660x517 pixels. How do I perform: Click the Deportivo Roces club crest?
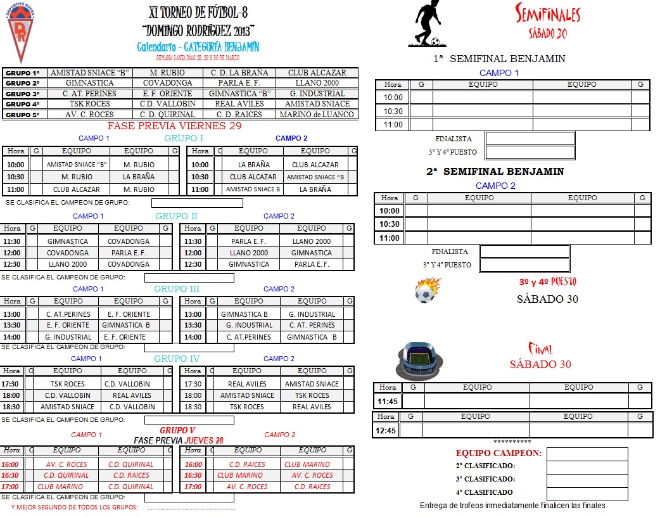tap(21, 32)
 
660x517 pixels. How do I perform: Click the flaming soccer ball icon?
tap(428, 291)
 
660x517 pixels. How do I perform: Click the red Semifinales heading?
tap(548, 14)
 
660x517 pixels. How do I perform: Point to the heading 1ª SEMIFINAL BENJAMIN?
tap(499, 59)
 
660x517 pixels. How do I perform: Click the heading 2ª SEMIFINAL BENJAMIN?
tap(495, 172)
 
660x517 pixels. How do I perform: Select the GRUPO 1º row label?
tap(23, 73)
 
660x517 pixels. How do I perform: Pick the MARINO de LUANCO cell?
tap(317, 115)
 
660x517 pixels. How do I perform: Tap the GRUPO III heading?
tap(177, 289)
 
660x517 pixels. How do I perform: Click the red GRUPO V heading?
tap(177, 430)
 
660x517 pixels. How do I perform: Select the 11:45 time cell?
tap(387, 401)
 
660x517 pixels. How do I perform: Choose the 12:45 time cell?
tap(386, 430)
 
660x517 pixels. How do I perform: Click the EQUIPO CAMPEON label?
tap(498, 454)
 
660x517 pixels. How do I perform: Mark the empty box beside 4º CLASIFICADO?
tap(587, 493)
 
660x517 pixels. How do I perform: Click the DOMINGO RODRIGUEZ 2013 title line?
tap(198, 30)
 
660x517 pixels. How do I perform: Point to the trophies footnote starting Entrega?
tap(512, 506)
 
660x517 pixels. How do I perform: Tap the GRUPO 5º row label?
tap(23, 115)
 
